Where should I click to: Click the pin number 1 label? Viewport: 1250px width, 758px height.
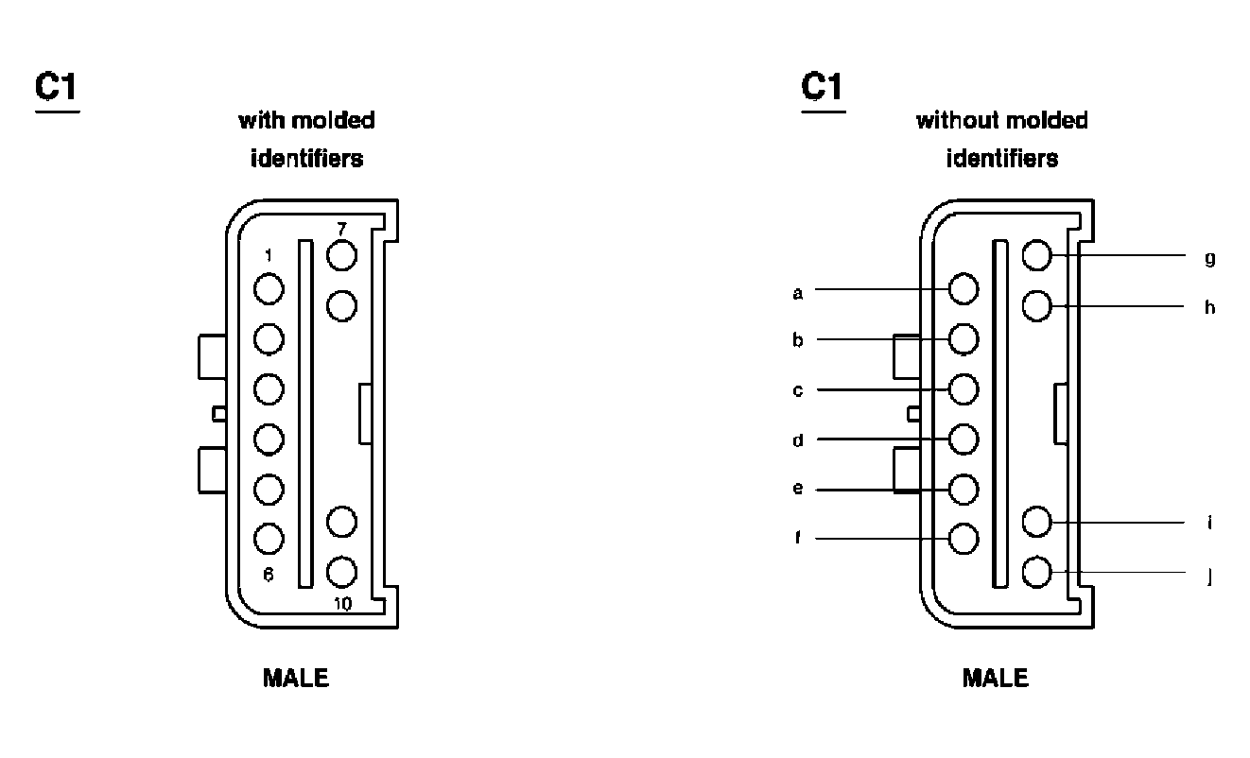click(269, 255)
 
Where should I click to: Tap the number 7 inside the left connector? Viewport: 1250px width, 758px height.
click(341, 229)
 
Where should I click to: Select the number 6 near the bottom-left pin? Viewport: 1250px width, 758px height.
click(269, 574)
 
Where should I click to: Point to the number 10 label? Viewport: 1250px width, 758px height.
click(343, 604)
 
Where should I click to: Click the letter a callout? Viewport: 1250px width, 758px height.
click(798, 293)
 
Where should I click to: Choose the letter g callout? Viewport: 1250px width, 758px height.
click(1209, 258)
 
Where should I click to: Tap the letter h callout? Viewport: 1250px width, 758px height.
click(1209, 308)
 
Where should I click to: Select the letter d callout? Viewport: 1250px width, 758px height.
click(798, 439)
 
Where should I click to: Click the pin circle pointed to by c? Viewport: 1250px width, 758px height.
click(964, 388)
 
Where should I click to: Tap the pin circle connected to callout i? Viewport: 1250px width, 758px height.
click(1037, 522)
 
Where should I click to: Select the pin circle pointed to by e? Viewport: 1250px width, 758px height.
click(964, 489)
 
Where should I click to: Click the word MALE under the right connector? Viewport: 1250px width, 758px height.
click(995, 678)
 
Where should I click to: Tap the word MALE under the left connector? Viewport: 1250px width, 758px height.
click(295, 678)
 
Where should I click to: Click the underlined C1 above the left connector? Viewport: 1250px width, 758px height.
click(57, 88)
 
